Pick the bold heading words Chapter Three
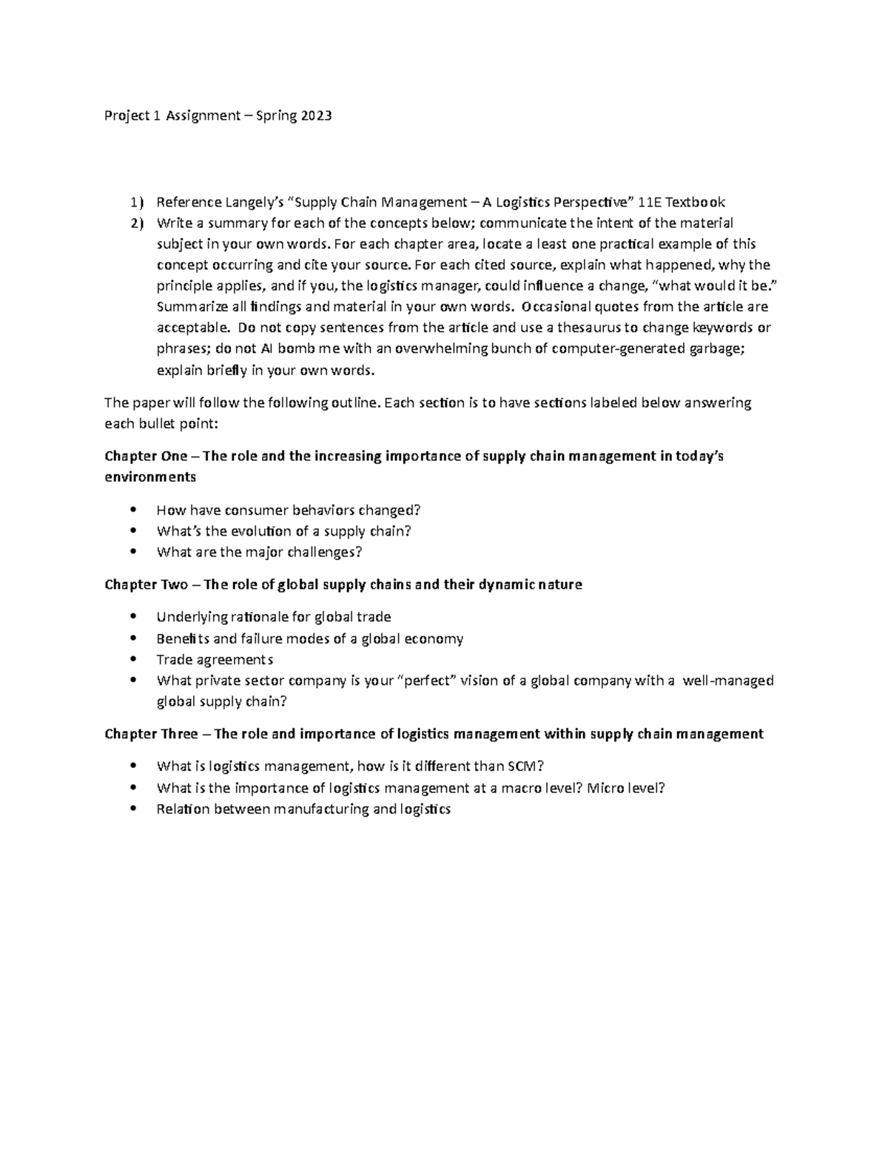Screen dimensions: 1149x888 (151, 734)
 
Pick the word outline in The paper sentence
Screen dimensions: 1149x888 (357, 402)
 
